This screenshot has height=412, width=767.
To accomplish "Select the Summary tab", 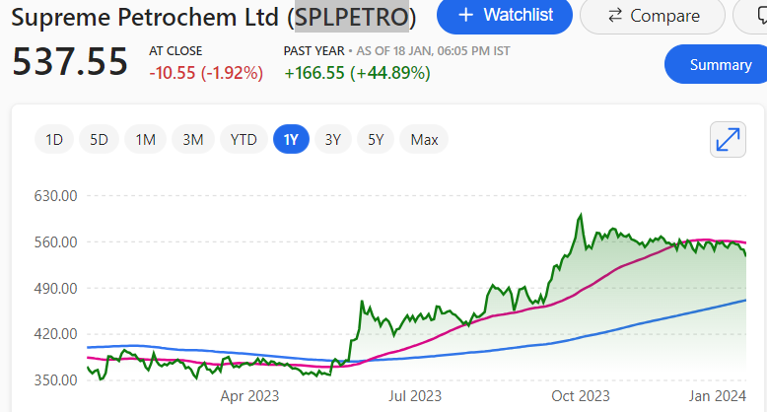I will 719,65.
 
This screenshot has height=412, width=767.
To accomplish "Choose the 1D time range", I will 54,140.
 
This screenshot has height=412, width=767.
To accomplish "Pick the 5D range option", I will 100,140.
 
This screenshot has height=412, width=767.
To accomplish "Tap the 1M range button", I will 146,140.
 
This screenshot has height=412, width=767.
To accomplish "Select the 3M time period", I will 193,140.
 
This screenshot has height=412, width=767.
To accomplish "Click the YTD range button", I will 244,140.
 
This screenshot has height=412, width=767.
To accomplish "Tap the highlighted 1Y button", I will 291,140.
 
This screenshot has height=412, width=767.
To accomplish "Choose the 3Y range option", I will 333,140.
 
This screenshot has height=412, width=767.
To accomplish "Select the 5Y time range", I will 376,140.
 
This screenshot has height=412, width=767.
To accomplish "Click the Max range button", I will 425,140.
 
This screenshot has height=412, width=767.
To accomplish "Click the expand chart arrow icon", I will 728,140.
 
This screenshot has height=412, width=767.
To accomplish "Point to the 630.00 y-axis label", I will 56,195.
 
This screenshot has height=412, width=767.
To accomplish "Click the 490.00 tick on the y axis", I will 56,288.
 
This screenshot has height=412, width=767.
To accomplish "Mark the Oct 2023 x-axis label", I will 581,396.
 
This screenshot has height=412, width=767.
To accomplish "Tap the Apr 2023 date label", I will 249,396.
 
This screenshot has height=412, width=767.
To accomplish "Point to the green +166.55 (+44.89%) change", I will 357,72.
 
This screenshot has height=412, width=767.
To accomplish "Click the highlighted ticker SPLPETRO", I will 352,17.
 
